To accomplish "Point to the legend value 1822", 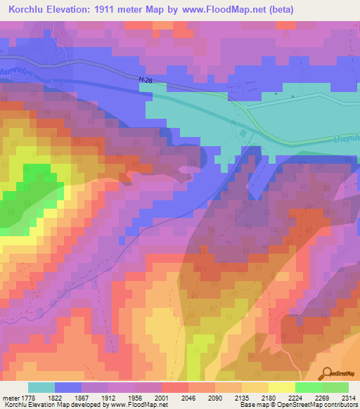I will click(56, 398).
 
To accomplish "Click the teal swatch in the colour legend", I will click(41, 387).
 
